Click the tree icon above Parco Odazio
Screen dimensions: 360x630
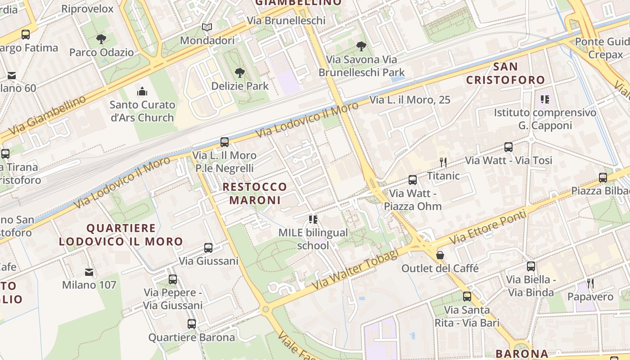[101, 39]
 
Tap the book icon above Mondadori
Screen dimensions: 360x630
[207, 27]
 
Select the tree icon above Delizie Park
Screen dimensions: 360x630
[240, 73]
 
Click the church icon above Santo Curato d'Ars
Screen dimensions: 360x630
[142, 92]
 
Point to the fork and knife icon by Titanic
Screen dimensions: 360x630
[443, 162]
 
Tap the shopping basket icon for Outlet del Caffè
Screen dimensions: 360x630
[440, 255]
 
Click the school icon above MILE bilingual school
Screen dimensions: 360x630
[313, 220]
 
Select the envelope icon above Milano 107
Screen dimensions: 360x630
[89, 272]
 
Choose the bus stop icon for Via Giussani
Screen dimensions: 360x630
[208, 248]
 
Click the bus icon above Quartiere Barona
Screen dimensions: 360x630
[192, 324]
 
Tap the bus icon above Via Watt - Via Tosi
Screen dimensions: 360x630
[508, 147]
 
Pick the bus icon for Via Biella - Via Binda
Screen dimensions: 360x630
[531, 266]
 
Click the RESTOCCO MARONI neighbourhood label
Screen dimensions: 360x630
[254, 193]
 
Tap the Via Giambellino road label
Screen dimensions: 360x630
[47, 115]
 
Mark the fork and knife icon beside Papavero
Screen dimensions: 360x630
[590, 283]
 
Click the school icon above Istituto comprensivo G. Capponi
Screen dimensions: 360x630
[544, 99]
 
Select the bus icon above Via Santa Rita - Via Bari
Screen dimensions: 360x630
[467, 297]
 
